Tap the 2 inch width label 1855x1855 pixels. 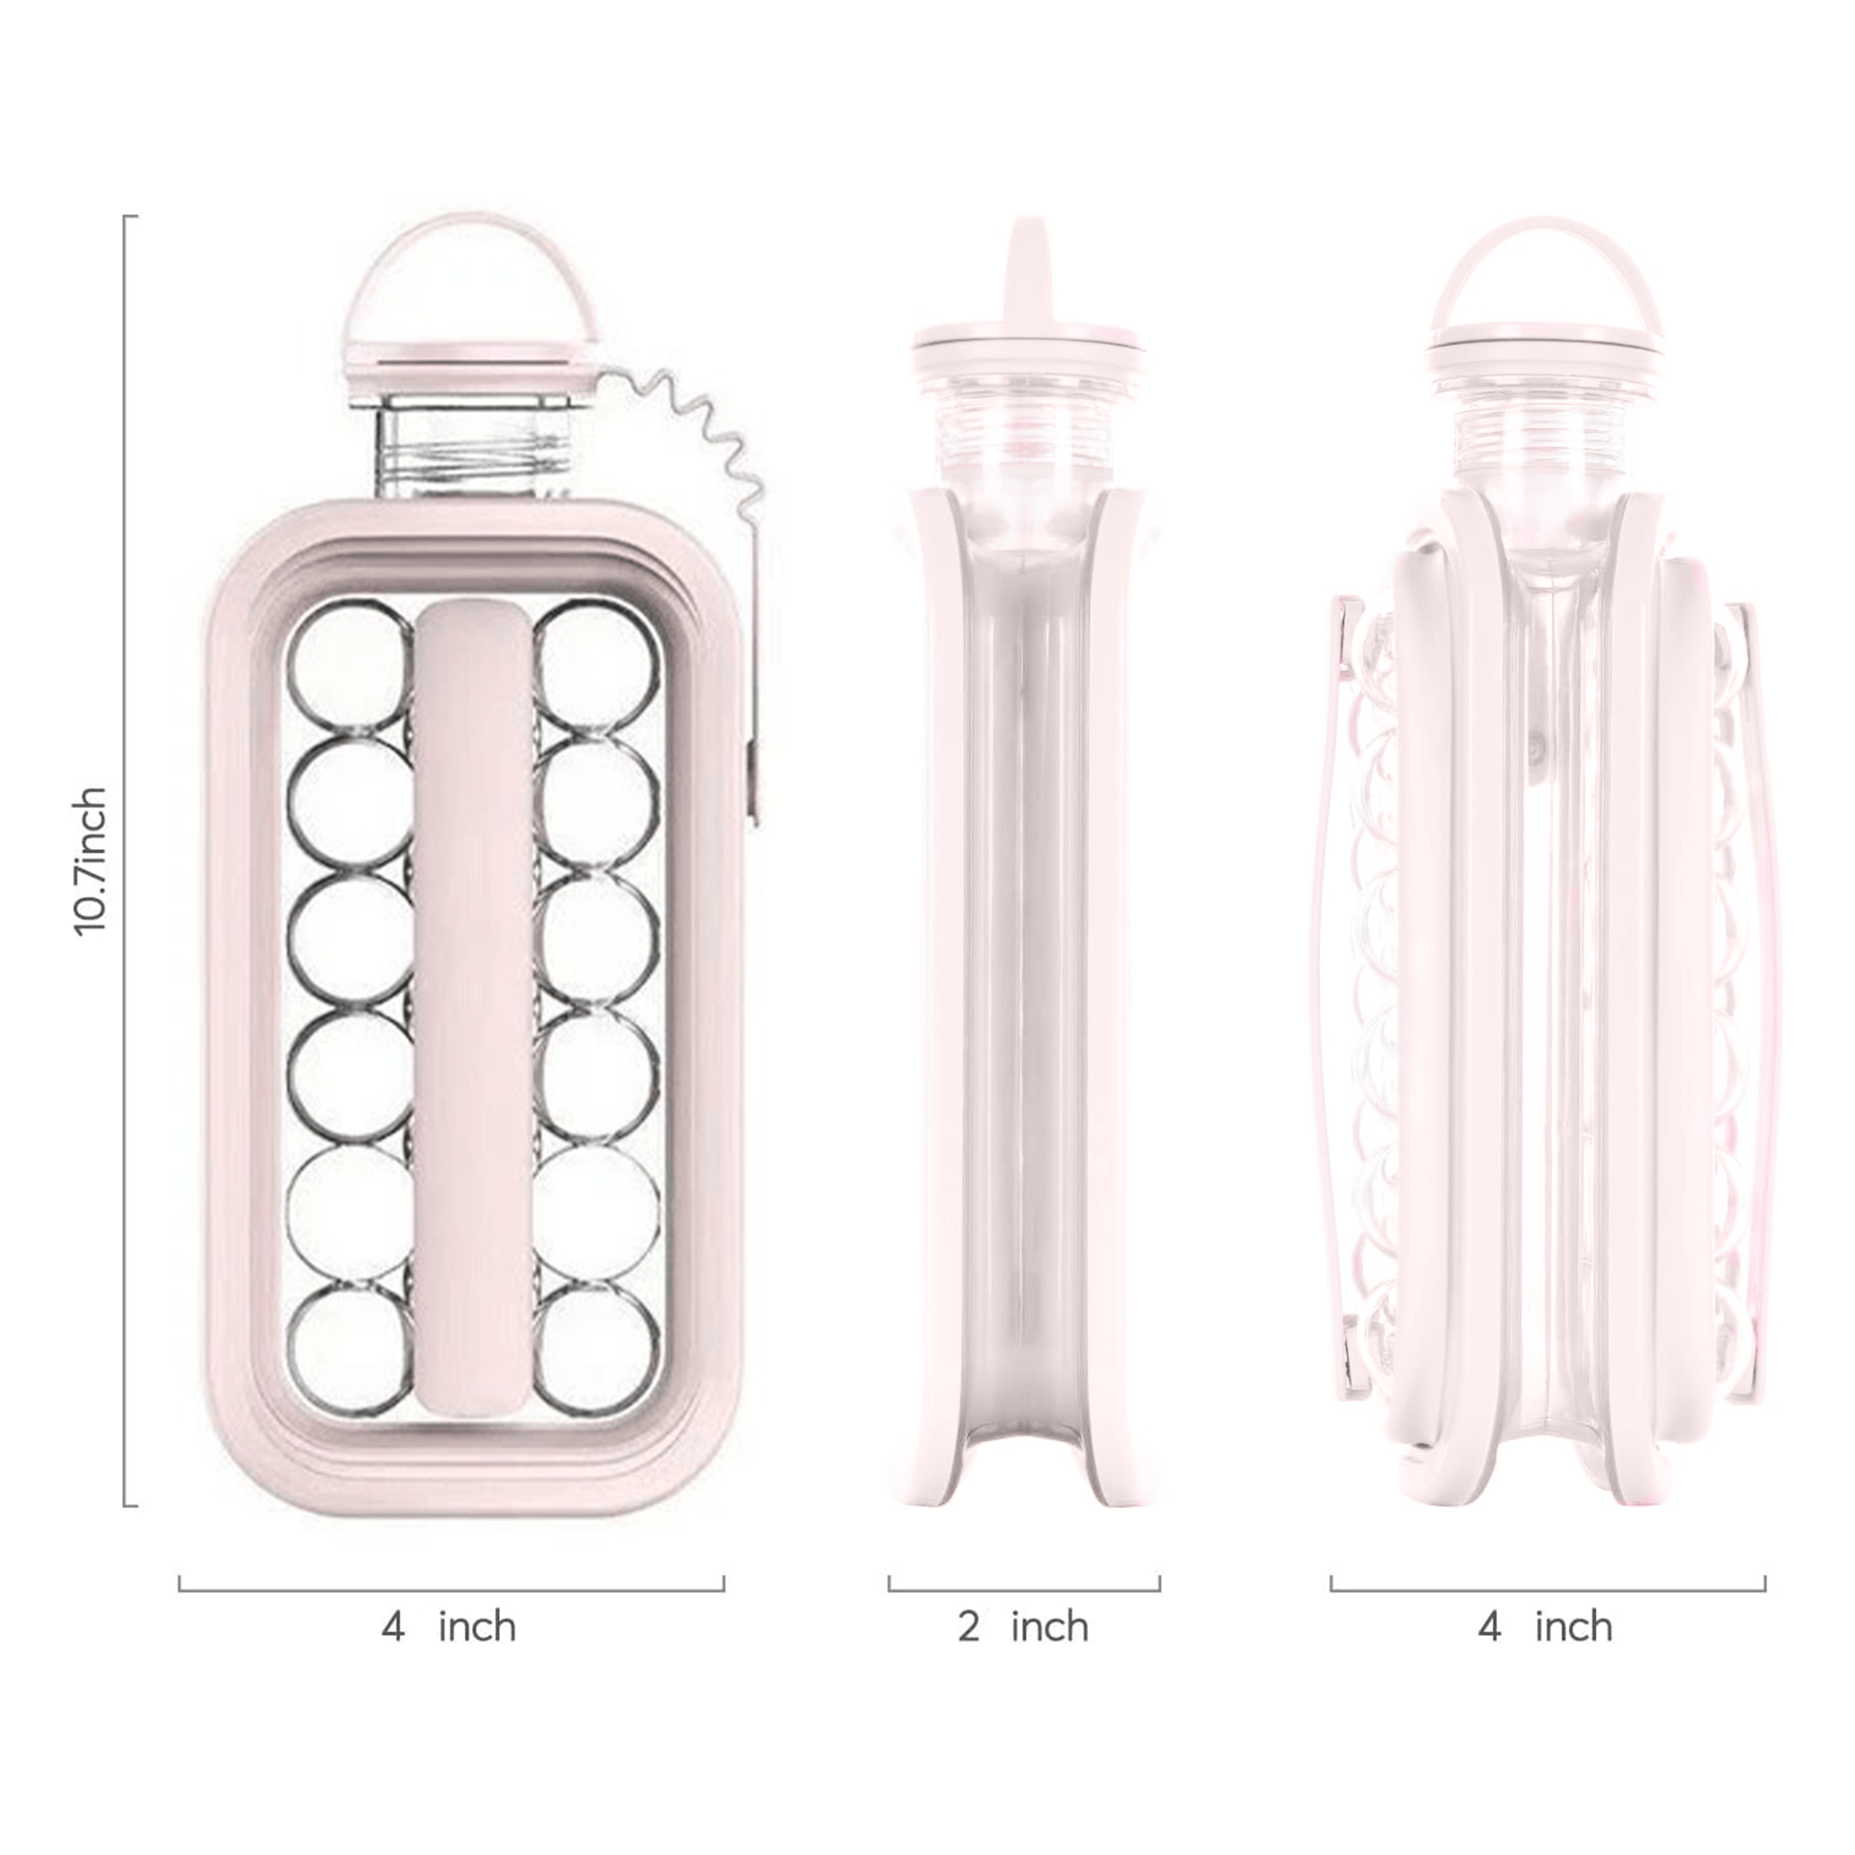1024,1627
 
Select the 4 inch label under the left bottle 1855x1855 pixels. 449,1627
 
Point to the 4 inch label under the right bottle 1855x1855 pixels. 1546,1627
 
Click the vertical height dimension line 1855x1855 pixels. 126,860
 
